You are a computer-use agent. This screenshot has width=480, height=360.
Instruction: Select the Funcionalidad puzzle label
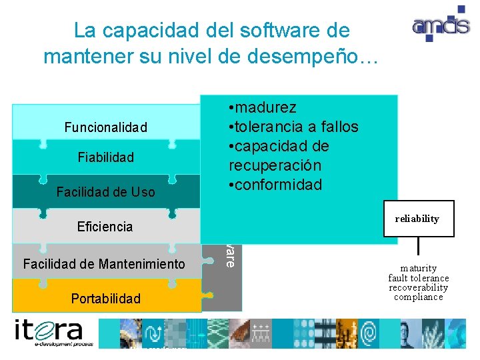point(105,127)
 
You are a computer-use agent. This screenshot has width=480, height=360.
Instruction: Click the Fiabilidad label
point(105,157)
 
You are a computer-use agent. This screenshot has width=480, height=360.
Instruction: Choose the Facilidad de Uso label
point(105,192)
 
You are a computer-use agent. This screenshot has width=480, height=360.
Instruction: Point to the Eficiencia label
point(105,227)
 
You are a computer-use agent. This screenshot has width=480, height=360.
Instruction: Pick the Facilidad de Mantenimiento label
point(104,264)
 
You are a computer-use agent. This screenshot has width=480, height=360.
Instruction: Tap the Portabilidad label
point(106,299)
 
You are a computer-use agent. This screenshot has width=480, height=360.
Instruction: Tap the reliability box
point(418,219)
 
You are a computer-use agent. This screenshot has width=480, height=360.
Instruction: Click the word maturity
point(419,269)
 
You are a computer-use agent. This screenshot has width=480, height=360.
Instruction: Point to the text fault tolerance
point(419,278)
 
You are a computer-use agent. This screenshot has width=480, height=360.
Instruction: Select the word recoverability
point(419,287)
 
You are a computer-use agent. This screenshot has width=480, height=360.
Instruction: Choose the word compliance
point(419,297)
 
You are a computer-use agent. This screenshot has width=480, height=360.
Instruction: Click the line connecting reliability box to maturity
point(418,247)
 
